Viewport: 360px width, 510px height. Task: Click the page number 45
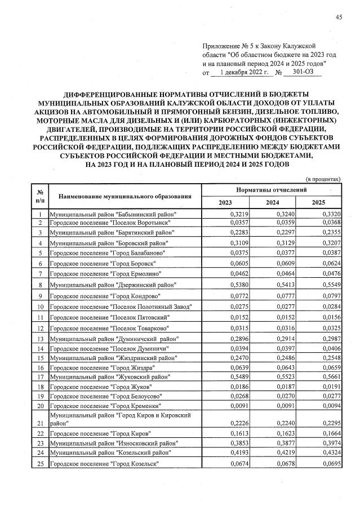coord(339,17)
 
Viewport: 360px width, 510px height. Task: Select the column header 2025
coord(318,202)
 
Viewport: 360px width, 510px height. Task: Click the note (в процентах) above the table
coord(323,179)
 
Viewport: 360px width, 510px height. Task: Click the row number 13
coord(41,339)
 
